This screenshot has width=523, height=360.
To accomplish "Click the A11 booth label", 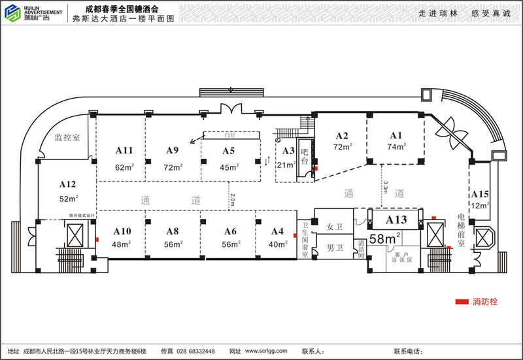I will click(x=124, y=150).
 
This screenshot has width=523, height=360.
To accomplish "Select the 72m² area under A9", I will click(x=173, y=167).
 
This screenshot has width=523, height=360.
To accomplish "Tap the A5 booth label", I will click(x=228, y=151).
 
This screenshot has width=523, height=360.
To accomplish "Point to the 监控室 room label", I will click(x=67, y=139).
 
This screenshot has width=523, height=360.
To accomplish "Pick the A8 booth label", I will click(x=173, y=231).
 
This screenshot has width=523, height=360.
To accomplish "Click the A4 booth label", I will click(x=277, y=231).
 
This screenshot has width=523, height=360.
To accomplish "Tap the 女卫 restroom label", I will click(x=335, y=227).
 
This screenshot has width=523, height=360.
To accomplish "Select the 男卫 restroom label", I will click(x=335, y=248).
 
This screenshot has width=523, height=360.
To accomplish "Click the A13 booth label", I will click(x=396, y=220).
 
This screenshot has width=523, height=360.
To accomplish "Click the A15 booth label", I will click(x=480, y=194).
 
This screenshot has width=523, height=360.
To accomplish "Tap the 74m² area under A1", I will click(x=396, y=147).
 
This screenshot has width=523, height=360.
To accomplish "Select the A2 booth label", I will click(x=342, y=136).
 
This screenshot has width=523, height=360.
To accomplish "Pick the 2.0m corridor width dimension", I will click(x=232, y=199).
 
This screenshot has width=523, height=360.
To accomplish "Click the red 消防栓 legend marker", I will click(x=462, y=302).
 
